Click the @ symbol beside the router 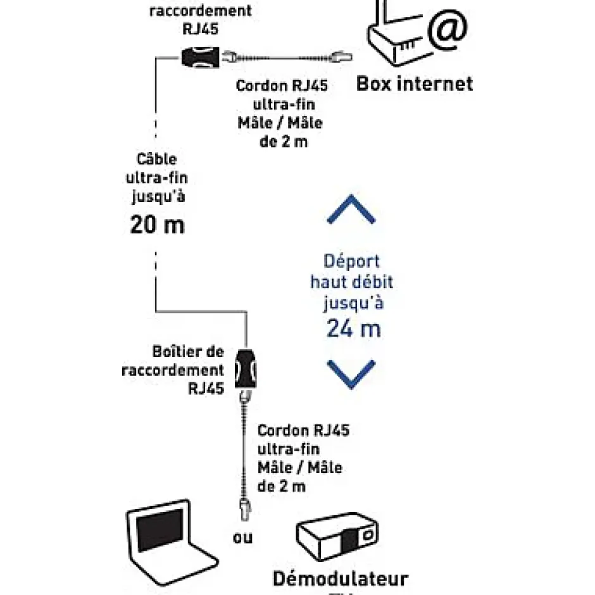447,30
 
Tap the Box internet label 415,84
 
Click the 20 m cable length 157,224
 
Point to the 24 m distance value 354,328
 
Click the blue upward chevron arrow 351,211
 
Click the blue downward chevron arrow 351,373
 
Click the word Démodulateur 341,579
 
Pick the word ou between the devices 242,538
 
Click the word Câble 156,160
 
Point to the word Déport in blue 352,261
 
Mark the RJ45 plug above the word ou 243,507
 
